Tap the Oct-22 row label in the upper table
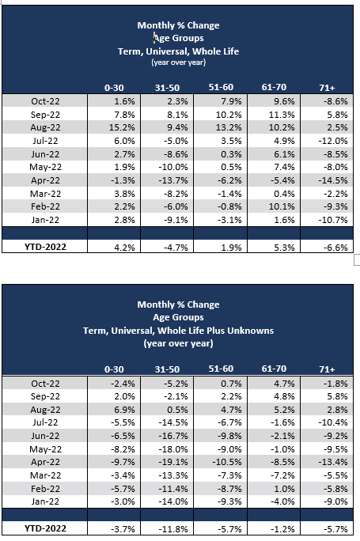pyautogui.click(x=46, y=101)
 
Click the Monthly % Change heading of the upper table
pyautogui.click(x=178, y=25)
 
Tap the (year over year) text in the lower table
pyautogui.click(x=178, y=343)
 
